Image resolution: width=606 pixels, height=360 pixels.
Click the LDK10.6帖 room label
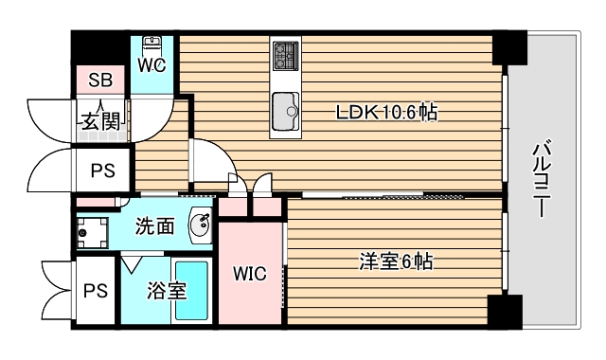(387, 112)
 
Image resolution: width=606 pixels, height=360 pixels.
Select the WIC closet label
(251, 275)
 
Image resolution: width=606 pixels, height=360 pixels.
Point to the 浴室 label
(167, 291)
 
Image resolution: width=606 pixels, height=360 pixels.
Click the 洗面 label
(154, 226)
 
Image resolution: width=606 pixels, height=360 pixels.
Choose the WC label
(151, 65)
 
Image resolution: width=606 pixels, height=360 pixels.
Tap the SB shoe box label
(100, 81)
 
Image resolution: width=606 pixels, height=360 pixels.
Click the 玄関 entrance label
(99, 121)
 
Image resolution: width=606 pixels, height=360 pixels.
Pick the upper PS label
(102, 171)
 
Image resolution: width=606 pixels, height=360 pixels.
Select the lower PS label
(94, 291)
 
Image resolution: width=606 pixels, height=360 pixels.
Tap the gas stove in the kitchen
(284, 55)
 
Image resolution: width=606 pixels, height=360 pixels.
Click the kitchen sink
(284, 113)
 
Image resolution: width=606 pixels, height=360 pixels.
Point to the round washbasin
(200, 224)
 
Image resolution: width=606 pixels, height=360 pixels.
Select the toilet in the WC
(152, 45)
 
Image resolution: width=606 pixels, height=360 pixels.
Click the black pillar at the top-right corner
(508, 48)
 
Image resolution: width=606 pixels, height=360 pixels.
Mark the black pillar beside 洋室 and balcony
(504, 310)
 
